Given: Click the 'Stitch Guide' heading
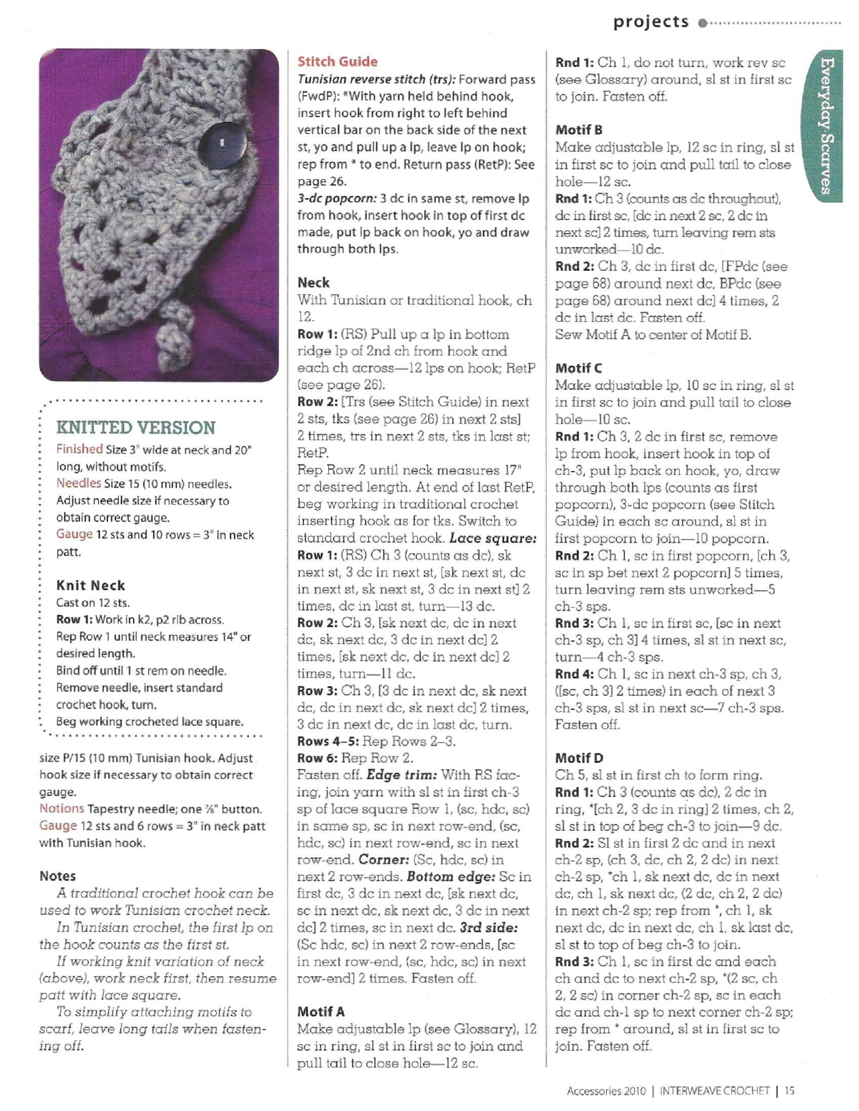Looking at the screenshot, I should [x=338, y=62].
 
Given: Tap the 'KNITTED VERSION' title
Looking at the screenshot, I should [x=136, y=428].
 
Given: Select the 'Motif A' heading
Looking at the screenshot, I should [x=321, y=1011].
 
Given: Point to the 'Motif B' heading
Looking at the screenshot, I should [x=579, y=130].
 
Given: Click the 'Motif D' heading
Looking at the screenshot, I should [x=579, y=758].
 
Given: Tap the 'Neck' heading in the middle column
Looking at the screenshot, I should [x=314, y=283].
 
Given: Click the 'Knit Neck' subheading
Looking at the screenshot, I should [x=91, y=585].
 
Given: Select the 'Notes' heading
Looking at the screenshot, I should [x=58, y=876].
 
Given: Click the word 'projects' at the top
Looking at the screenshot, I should [x=651, y=22].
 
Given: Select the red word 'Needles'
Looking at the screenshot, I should [x=79, y=483].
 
